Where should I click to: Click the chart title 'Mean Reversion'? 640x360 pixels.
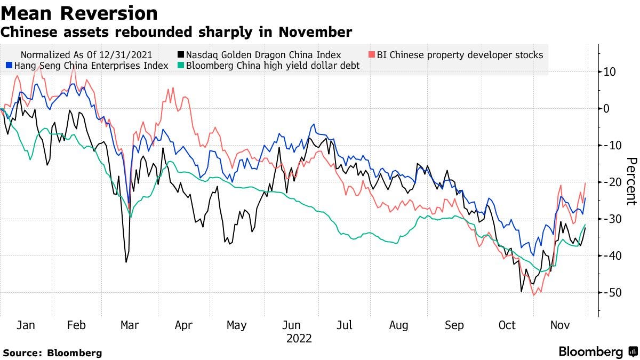79,13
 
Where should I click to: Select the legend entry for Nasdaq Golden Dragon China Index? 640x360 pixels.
264,54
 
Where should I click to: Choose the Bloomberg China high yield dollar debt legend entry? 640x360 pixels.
273,66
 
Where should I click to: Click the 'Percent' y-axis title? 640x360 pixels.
631,181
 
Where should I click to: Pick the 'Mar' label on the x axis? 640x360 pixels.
130,325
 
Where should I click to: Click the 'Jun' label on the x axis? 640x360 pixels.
291,325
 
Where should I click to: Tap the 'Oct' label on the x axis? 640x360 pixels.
507,325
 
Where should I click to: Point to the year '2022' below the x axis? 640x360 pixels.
299,338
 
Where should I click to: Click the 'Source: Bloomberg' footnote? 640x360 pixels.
52,353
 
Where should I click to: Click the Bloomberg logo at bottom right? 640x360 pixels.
597,351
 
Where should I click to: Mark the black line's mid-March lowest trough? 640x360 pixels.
126,261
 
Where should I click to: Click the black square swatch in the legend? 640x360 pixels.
181,54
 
